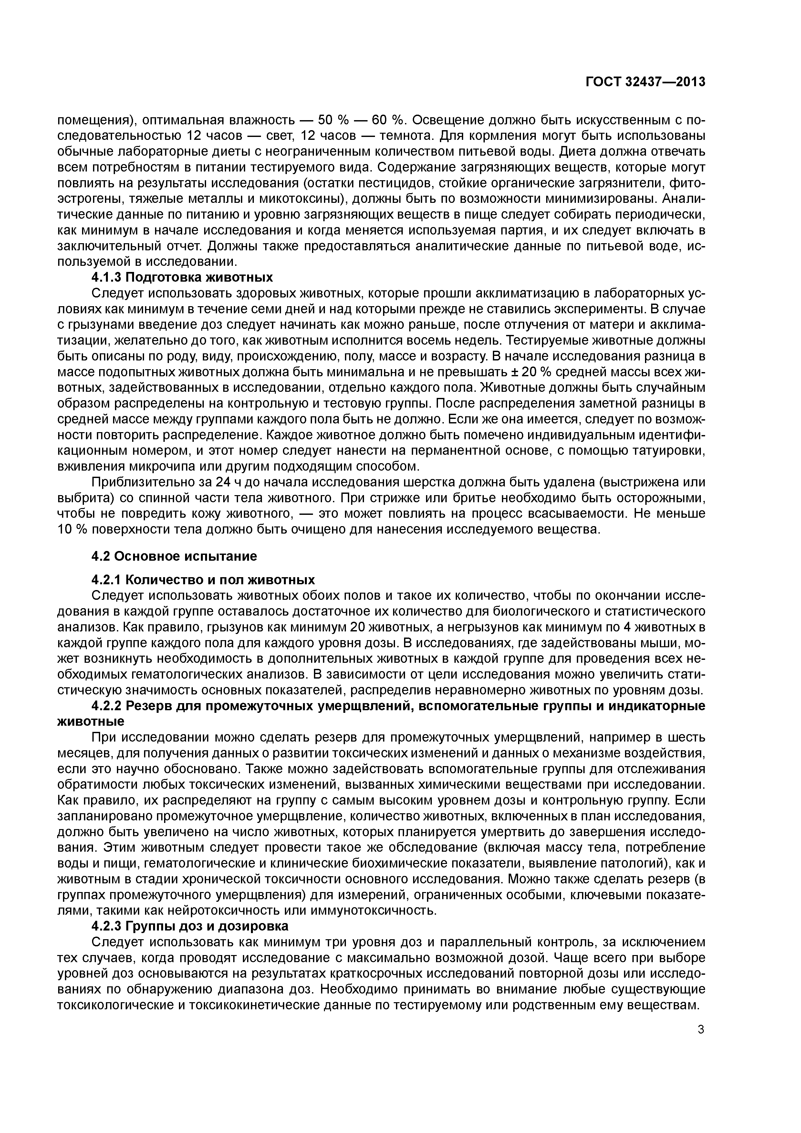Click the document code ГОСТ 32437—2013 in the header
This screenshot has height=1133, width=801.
tap(645, 82)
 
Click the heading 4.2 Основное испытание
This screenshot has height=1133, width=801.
tap(174, 556)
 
